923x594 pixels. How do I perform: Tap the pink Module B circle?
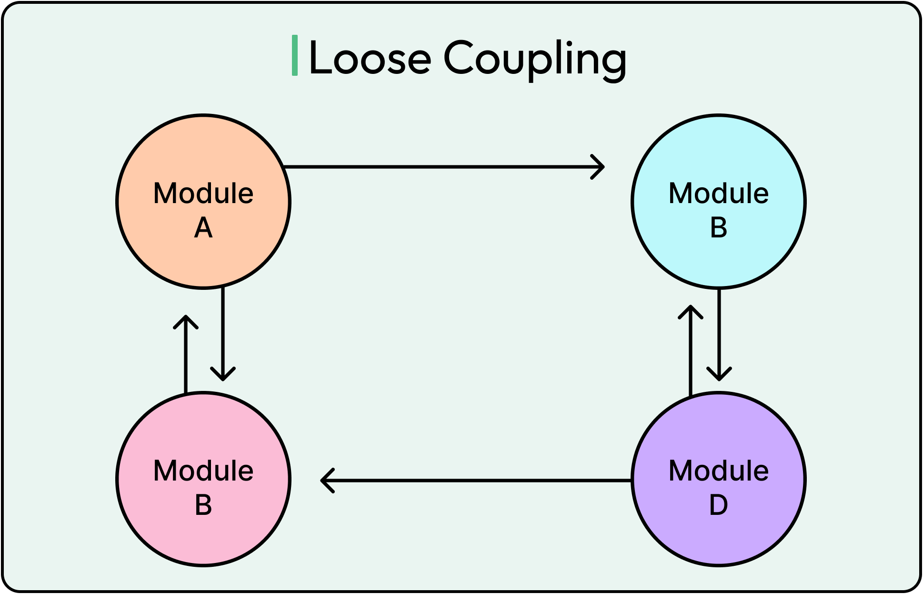pos(203,534)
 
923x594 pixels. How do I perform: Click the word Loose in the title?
pos(370,59)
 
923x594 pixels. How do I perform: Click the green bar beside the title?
pos(295,55)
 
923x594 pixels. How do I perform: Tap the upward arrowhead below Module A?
pos(186,319)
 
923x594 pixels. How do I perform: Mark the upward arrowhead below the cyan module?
pos(691,309)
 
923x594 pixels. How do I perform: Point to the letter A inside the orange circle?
pos(203,228)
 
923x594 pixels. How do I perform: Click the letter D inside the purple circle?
pos(719,505)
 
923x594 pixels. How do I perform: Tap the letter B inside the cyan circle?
pos(719,228)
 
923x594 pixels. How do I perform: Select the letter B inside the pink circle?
pos(203,505)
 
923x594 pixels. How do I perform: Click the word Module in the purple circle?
pos(719,471)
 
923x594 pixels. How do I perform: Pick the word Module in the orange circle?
pos(203,194)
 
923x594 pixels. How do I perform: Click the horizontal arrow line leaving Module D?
pos(476,480)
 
